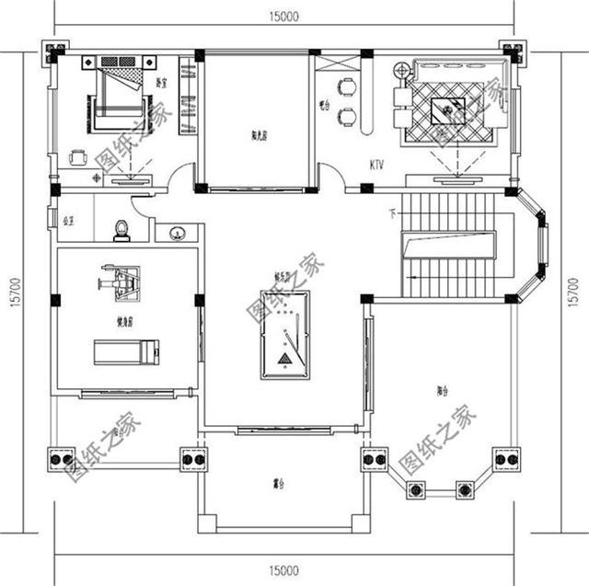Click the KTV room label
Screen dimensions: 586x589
coord(376,166)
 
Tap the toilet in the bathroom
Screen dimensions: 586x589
coord(121,230)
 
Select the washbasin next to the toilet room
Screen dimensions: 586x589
coord(177,234)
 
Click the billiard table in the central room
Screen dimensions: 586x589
coord(284,335)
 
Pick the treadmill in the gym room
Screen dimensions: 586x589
coord(126,350)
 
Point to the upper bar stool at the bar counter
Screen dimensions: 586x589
coord(347,88)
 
